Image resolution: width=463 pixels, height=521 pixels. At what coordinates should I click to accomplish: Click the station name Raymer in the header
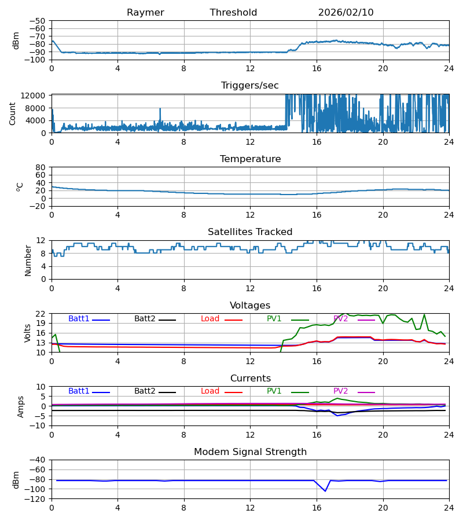(145, 13)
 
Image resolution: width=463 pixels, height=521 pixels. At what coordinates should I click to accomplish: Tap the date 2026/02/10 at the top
(346, 13)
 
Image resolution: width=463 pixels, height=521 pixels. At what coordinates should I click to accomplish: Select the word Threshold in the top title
(233, 13)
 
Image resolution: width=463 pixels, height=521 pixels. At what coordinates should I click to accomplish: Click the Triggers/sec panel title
(250, 86)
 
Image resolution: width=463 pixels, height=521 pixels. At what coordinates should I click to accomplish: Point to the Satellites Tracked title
(250, 232)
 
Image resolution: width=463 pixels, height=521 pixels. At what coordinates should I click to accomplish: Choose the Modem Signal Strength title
(250, 452)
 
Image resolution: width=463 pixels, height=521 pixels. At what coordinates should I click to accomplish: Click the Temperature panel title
(250, 159)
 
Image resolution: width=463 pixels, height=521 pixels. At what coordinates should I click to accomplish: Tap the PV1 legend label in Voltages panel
(274, 319)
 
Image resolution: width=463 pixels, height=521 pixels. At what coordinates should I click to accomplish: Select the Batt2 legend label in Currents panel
(145, 391)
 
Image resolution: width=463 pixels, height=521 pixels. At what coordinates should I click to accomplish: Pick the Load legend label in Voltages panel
(210, 319)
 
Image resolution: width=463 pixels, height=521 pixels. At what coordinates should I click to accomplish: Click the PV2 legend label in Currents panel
(341, 391)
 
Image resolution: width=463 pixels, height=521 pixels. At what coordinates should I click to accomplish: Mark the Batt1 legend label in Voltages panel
(79, 319)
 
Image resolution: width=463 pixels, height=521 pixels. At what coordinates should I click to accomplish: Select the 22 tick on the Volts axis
(41, 314)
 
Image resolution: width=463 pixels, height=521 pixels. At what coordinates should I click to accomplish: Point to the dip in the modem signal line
(325, 491)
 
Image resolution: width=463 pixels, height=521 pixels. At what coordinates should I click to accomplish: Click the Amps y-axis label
(21, 406)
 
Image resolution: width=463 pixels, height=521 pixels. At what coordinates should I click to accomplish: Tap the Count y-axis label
(13, 113)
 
